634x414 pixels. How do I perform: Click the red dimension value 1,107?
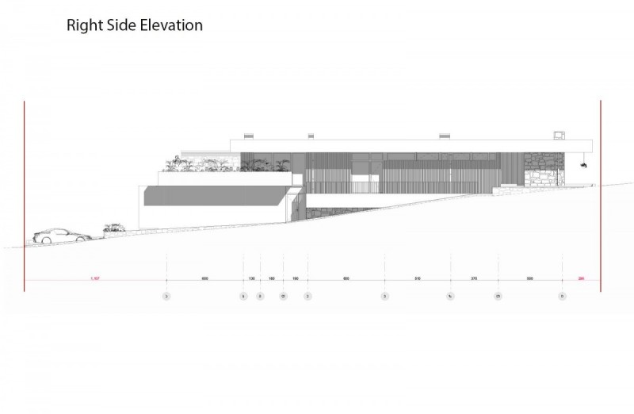(x=95, y=279)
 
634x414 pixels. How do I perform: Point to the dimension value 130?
(x=251, y=279)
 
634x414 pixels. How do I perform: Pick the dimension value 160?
(x=271, y=279)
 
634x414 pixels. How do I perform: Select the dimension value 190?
(x=295, y=279)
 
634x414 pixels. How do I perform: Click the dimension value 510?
(x=418, y=279)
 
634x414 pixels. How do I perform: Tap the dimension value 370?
(x=474, y=279)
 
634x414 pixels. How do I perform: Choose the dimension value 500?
(x=529, y=279)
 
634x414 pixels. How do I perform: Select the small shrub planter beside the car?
(x=113, y=230)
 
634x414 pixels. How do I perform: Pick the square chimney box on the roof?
(x=560, y=135)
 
